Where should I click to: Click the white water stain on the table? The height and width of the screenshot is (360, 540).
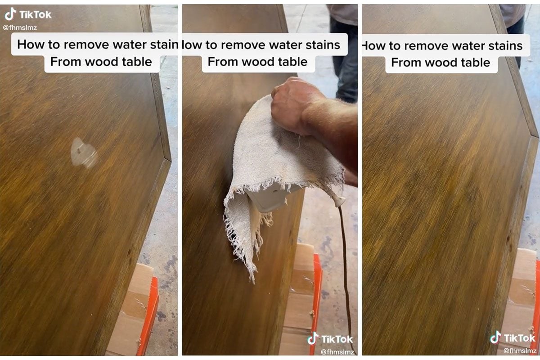tap(84, 152)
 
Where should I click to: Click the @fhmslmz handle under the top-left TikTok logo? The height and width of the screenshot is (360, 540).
tap(20, 27)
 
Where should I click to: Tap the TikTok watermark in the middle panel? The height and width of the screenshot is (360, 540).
tap(331, 339)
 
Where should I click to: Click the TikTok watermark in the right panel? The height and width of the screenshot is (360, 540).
tap(513, 338)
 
